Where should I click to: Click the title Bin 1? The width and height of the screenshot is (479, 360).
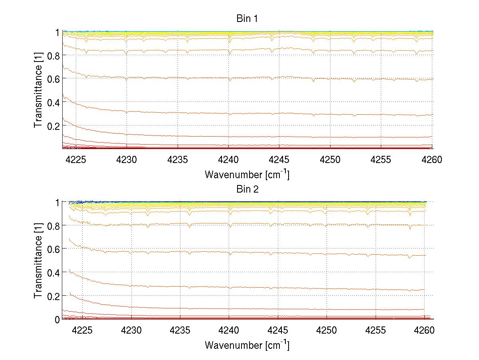[x=247, y=19]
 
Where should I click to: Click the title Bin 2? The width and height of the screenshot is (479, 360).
[x=247, y=189]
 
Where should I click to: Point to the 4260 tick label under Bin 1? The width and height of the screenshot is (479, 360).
[x=432, y=160]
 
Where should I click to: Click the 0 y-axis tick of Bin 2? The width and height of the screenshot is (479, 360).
[x=57, y=319]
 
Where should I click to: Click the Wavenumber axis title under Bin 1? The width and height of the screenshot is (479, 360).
[x=247, y=174]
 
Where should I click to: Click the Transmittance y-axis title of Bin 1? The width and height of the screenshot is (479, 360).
[x=38, y=90]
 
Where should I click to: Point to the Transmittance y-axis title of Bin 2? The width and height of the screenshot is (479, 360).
[x=38, y=260]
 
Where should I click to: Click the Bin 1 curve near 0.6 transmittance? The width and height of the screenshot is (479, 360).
[x=279, y=77]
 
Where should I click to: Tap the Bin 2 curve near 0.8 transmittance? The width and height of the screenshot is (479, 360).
[x=279, y=224]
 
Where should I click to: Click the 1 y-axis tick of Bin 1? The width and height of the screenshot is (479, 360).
[x=57, y=32]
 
